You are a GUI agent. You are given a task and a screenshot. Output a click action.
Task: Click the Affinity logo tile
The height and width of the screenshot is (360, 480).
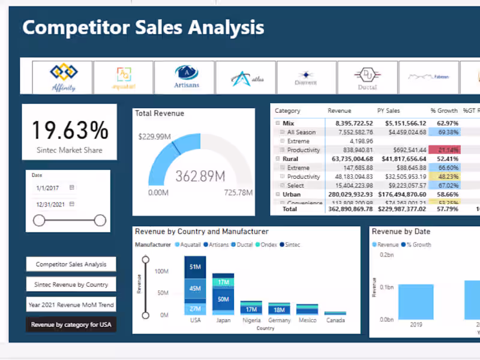[x=63, y=77]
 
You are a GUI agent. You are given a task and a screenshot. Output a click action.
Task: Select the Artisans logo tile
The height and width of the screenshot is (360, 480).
[x=186, y=77]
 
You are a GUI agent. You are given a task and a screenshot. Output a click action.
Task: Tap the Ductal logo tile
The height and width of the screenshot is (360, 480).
[x=367, y=77]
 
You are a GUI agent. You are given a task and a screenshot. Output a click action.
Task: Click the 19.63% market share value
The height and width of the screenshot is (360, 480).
[x=70, y=130]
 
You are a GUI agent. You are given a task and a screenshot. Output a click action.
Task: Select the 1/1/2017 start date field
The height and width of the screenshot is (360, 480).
[x=51, y=188]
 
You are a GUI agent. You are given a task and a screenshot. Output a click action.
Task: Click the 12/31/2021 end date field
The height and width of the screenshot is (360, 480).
[x=51, y=204]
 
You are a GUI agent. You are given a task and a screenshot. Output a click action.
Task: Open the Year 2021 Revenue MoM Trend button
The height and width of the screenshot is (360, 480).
[x=71, y=305]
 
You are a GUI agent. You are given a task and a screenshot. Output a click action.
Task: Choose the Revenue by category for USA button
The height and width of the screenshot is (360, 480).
[x=71, y=325]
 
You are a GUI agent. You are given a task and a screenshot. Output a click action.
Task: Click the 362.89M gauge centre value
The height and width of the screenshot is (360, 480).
[x=200, y=176]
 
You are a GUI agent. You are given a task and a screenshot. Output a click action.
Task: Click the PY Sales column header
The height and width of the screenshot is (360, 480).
[x=389, y=111]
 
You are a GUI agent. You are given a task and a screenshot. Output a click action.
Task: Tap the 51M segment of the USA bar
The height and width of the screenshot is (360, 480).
[x=195, y=267]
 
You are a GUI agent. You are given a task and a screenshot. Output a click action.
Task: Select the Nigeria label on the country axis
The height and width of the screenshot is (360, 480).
[x=251, y=320]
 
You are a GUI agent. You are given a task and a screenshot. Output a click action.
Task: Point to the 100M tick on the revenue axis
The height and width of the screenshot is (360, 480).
[x=161, y=271]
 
